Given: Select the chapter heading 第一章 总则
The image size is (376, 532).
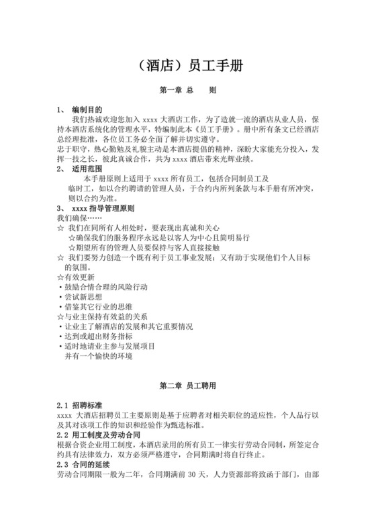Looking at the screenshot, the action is pyautogui.click(x=187, y=89).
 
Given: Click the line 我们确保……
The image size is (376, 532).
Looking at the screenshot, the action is pyautogui.click(x=78, y=218).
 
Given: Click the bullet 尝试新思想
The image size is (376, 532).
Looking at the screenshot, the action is pyautogui.click(x=84, y=297).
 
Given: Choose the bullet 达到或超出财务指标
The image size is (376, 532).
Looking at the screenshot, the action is pyautogui.click(x=98, y=336).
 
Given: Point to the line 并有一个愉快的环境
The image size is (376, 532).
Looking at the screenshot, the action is pyautogui.click(x=98, y=356).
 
